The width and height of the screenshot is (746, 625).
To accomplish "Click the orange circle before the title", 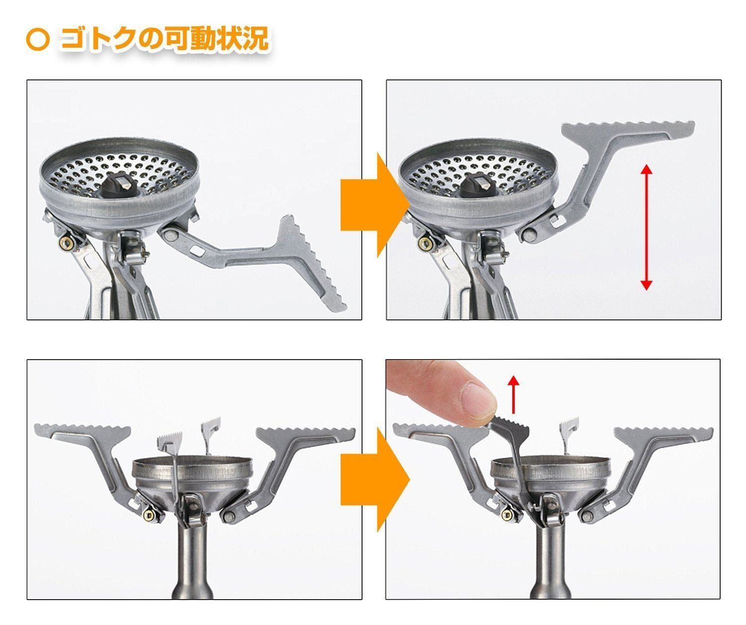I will (x=37, y=40).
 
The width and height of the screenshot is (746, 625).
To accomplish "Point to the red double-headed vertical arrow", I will (x=646, y=227).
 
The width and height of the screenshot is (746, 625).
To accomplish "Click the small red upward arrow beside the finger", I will (x=514, y=394).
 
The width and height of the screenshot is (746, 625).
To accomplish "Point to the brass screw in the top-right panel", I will (x=424, y=243).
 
